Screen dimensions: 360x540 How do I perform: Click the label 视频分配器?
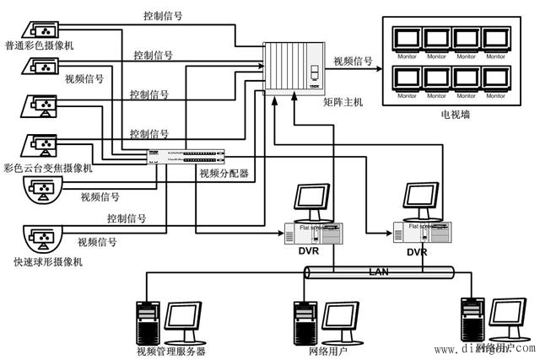pos(224,174)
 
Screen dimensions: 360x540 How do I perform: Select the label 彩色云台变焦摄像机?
pos(48,168)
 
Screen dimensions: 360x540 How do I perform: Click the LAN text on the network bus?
pos(381,271)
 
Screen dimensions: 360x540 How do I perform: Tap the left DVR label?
pos(307,251)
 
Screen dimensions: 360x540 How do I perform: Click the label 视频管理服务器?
pos(170,350)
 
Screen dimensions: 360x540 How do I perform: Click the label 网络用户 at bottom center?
pos(330,350)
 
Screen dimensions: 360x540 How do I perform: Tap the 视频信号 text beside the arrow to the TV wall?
pos(353,61)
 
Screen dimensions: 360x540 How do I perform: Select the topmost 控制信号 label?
pos(164,16)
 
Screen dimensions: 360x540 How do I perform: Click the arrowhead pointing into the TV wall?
pos(377,71)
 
